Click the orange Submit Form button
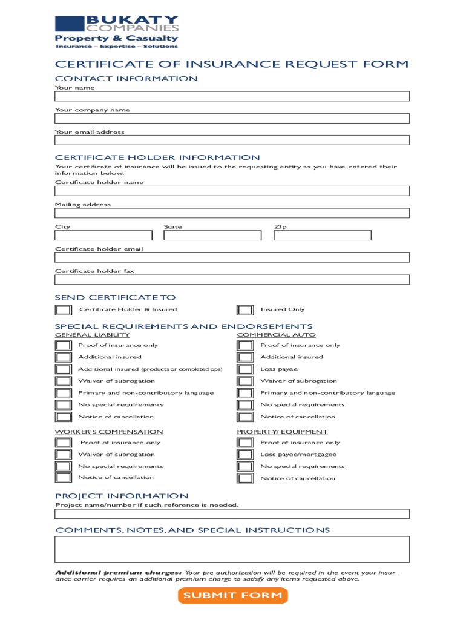point(232,595)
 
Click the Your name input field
point(232,96)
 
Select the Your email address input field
point(232,140)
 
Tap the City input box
point(103,236)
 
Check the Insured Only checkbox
point(245,310)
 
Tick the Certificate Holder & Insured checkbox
point(63,310)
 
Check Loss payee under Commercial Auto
point(245,369)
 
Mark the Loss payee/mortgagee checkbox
point(245,455)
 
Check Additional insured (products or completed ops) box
point(63,369)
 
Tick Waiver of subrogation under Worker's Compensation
point(63,455)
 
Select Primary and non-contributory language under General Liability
point(63,393)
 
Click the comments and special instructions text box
point(232,550)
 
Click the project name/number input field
point(232,514)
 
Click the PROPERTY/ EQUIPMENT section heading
point(282,432)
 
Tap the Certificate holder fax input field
point(232,280)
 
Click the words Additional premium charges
point(118,572)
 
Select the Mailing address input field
point(232,213)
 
